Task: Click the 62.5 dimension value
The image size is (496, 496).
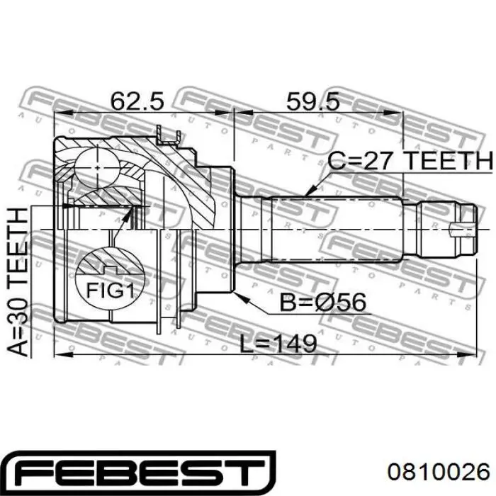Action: coord(137,101)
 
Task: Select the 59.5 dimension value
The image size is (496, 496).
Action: coord(312,101)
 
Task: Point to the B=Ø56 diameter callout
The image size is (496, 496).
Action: coord(323,302)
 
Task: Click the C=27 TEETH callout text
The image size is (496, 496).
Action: coord(410,161)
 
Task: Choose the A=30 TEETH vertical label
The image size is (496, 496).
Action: coord(18,282)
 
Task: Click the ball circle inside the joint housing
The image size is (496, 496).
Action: coord(97,168)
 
